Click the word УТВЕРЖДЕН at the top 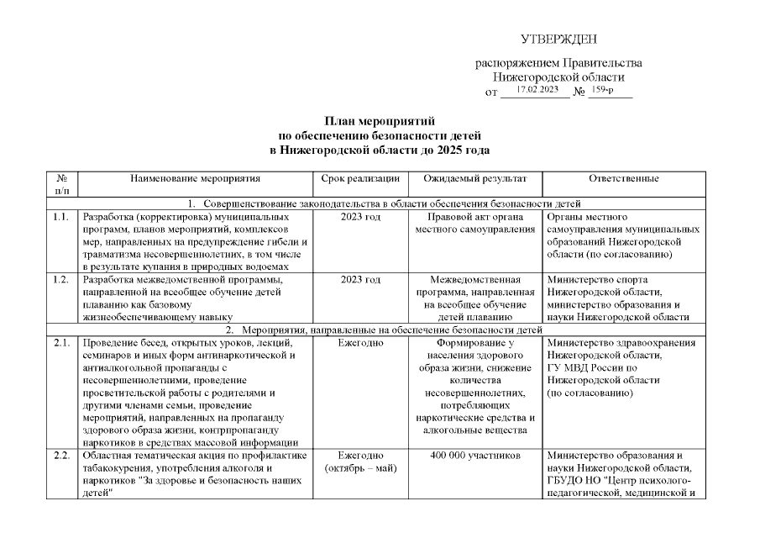pyautogui.click(x=558, y=40)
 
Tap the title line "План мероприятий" pyautogui.click(x=380, y=122)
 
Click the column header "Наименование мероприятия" pyautogui.click(x=195, y=178)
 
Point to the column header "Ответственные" pyautogui.click(x=623, y=178)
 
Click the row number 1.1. pyautogui.click(x=60, y=217)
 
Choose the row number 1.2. pyautogui.click(x=60, y=280)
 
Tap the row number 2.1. pyautogui.click(x=60, y=343)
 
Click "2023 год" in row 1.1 pyautogui.click(x=360, y=217)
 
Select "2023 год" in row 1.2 pyautogui.click(x=360, y=280)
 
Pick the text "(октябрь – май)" pyautogui.click(x=360, y=469)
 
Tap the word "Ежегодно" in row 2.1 pyautogui.click(x=360, y=343)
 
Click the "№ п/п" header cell pyautogui.click(x=61, y=185)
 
